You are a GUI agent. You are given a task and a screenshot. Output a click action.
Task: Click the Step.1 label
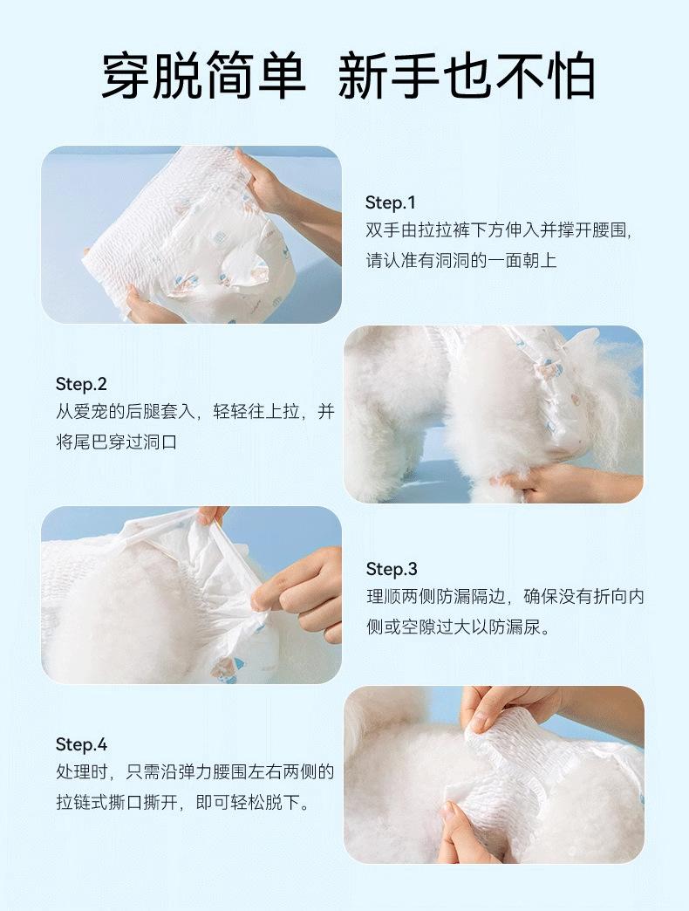pyautogui.click(x=390, y=202)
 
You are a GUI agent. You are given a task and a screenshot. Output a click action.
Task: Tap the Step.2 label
pyautogui.click(x=81, y=384)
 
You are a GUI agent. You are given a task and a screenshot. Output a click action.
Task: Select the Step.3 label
pyautogui.click(x=392, y=569)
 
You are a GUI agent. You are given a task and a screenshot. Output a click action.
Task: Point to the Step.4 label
pyautogui.click(x=81, y=744)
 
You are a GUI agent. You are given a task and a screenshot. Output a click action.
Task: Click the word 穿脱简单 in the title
pyautogui.click(x=204, y=76)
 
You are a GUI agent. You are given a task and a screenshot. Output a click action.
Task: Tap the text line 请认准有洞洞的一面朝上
pyautogui.click(x=460, y=260)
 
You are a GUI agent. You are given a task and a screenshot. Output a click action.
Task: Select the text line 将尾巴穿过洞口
pyautogui.click(x=117, y=442)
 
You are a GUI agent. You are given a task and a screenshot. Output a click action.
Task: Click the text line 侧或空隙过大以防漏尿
pyautogui.click(x=458, y=627)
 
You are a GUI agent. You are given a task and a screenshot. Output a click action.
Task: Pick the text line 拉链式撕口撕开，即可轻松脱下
pyautogui.click(x=183, y=802)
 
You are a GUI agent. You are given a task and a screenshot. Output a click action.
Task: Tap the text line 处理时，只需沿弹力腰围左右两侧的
pyautogui.click(x=195, y=771)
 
